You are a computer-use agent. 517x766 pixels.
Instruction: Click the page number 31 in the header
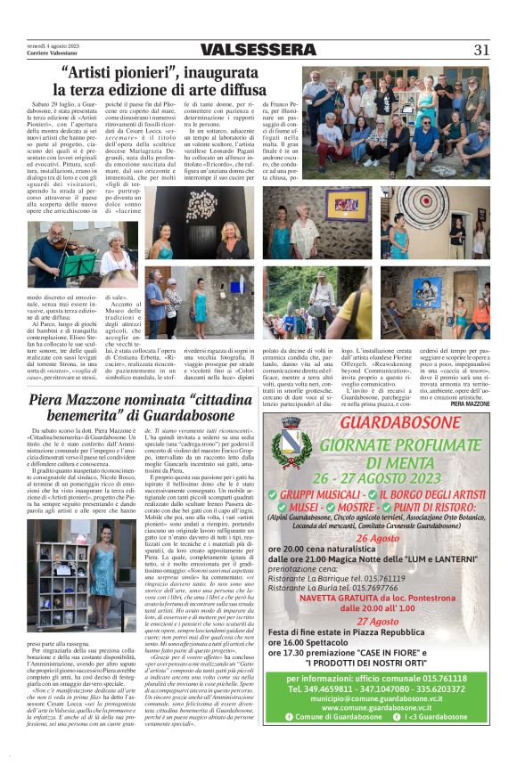[480, 49]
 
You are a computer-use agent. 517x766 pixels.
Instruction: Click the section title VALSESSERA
[258, 49]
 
